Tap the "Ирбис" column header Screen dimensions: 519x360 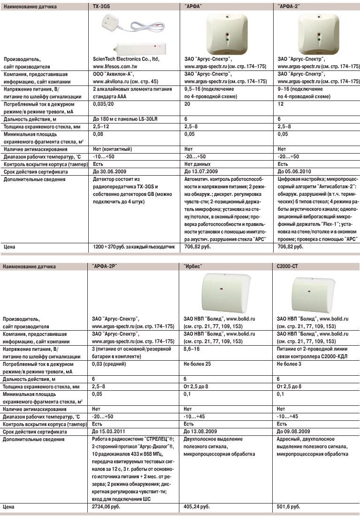[193, 266]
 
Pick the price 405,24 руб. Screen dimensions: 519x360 [197, 507]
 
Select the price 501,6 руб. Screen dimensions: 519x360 [289, 507]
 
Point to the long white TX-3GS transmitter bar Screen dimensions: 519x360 [139, 47]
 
